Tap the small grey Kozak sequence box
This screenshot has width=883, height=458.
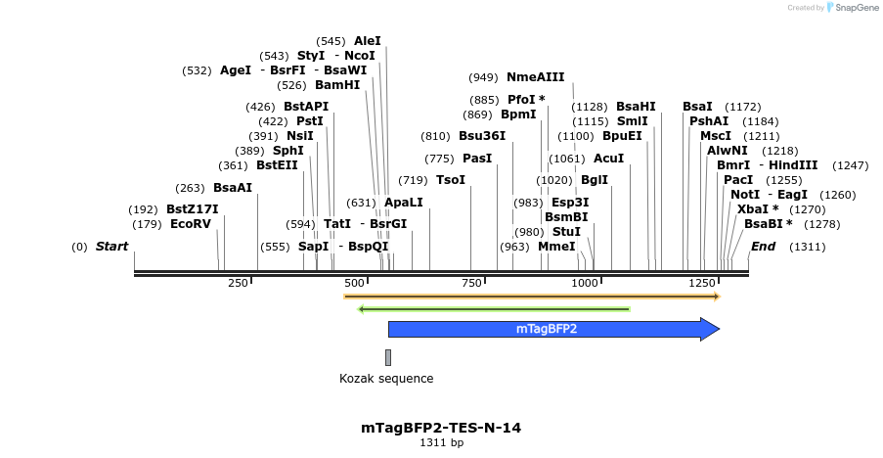(388, 357)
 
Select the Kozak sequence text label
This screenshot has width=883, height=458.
(386, 379)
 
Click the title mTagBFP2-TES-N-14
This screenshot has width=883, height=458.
(441, 428)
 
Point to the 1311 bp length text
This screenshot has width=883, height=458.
(441, 443)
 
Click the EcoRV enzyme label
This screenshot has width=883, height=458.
(191, 224)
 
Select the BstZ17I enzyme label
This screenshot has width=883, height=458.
(192, 209)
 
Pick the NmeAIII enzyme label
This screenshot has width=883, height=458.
(535, 77)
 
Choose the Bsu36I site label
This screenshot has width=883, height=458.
(482, 136)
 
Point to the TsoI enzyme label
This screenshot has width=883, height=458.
(451, 180)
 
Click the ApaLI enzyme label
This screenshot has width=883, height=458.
(404, 203)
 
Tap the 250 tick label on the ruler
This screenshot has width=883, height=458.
(239, 283)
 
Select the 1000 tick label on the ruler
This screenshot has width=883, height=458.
(584, 283)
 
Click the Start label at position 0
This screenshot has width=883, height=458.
(111, 247)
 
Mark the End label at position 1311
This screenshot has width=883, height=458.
(763, 247)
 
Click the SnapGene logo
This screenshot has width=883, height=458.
(852, 8)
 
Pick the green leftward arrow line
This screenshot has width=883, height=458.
(494, 309)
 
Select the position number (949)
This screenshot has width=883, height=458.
(483, 77)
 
